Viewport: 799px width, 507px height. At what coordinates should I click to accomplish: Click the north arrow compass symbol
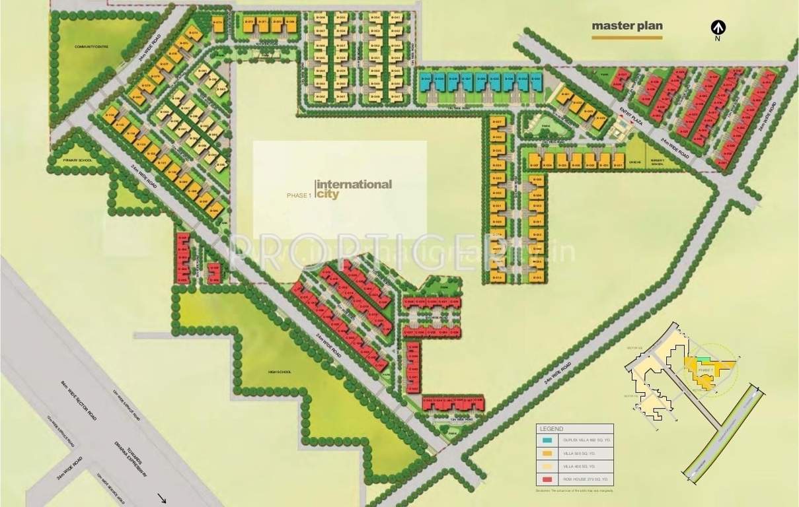click(x=717, y=28)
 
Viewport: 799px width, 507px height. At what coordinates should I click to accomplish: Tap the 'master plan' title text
click(x=627, y=26)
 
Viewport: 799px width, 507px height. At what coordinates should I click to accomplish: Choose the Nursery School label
click(x=658, y=162)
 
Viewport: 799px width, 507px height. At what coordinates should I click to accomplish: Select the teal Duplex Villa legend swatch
click(x=547, y=439)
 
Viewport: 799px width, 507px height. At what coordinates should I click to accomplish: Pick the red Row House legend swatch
click(x=547, y=479)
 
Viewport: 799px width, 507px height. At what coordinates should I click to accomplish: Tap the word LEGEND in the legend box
click(x=551, y=428)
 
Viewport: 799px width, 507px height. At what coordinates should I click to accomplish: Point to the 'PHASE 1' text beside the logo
click(x=298, y=195)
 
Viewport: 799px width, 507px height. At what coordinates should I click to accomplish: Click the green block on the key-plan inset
click(x=705, y=360)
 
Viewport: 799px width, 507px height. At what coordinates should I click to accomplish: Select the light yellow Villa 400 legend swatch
click(x=547, y=465)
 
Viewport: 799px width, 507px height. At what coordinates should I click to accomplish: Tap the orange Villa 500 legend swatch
click(x=547, y=452)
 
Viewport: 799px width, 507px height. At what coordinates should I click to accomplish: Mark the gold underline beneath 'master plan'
click(x=627, y=38)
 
